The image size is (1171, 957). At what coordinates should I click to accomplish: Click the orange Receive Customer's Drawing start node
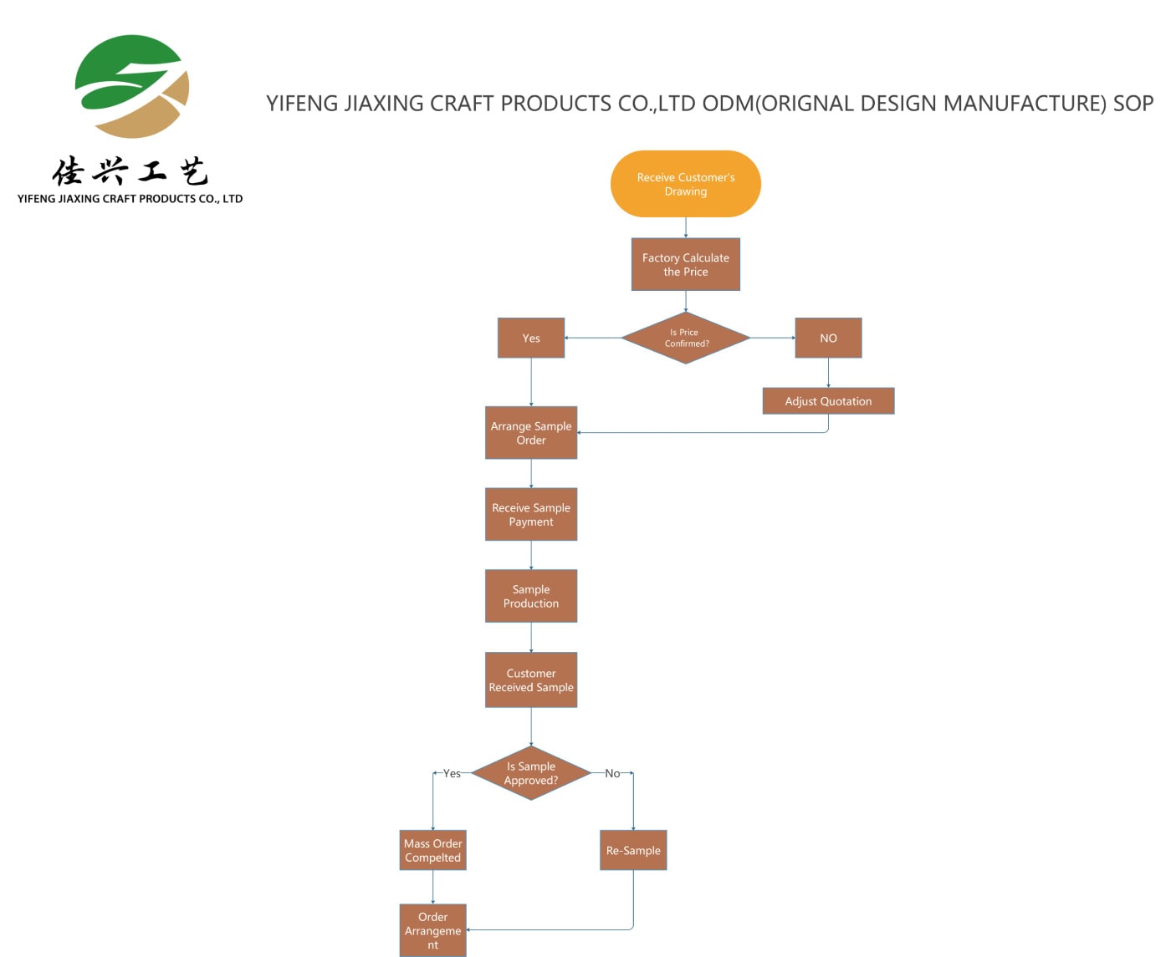[685, 184]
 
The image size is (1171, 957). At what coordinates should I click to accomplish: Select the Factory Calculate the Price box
[685, 265]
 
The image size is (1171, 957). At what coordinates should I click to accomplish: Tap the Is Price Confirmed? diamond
[685, 338]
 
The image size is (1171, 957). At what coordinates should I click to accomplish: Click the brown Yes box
[531, 338]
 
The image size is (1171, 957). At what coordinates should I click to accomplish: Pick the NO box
[828, 338]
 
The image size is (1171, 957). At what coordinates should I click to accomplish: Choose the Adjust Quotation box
[828, 400]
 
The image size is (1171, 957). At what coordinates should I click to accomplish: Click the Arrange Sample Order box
[531, 433]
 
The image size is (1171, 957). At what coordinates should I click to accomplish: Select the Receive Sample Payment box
[531, 514]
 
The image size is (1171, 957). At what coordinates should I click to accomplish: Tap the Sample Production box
[531, 596]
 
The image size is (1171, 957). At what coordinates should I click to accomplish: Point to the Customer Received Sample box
[531, 680]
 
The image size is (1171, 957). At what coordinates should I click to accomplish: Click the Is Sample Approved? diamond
[531, 773]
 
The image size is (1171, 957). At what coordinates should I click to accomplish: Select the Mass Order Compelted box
[432, 850]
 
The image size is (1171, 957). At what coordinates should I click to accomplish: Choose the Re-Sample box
[633, 850]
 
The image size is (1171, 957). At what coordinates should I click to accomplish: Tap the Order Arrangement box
[432, 930]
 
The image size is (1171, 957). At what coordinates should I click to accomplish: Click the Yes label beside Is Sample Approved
[452, 773]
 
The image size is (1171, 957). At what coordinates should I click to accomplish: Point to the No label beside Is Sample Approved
[612, 773]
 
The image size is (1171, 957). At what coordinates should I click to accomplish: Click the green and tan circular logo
[131, 87]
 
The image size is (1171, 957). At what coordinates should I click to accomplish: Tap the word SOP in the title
[1133, 103]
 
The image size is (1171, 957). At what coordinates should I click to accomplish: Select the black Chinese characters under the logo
[130, 171]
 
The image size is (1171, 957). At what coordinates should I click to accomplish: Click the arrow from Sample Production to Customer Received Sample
[531, 637]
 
